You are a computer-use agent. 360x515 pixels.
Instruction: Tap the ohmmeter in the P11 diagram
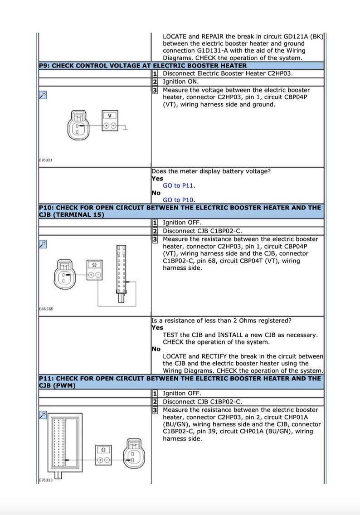tap(103, 455)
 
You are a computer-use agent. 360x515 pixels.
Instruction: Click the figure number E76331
tap(45, 160)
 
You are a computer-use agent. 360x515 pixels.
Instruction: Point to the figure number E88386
tap(45, 309)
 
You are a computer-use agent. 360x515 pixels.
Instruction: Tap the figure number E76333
tap(45, 480)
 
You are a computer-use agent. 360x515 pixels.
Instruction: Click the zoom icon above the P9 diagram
tap(43, 94)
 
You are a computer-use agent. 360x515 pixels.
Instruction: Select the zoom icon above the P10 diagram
tap(43, 243)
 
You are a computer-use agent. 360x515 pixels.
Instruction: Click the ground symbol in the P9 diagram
tap(125, 129)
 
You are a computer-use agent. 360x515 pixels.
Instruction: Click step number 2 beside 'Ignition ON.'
tap(155, 82)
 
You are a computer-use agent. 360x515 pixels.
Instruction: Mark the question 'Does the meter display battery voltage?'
tap(217, 171)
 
